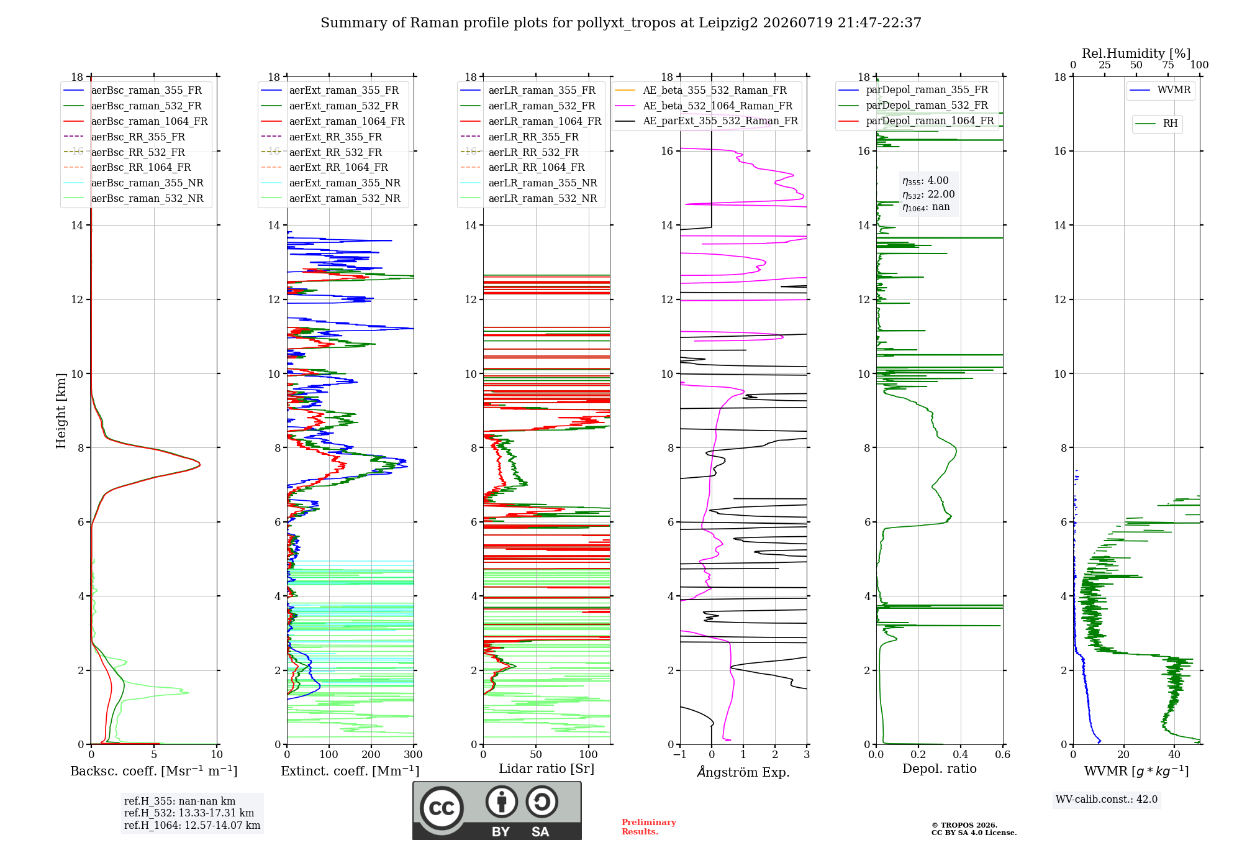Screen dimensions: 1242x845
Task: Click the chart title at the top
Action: [x=621, y=23]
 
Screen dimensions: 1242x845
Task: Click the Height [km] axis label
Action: [x=61, y=411]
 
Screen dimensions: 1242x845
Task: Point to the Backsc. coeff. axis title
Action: [x=154, y=771]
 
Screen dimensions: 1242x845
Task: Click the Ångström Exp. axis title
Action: [x=743, y=772]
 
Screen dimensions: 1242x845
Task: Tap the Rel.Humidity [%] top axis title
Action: [x=1136, y=53]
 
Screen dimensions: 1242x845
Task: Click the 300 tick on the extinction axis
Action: [x=413, y=754]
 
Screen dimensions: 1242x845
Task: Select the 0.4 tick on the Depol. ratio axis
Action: [x=961, y=754]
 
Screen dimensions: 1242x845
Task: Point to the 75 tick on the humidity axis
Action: [x=1168, y=65]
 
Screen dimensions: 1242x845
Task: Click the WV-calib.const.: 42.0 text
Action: [x=1107, y=799]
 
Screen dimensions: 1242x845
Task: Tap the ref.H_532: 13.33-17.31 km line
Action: [x=189, y=813]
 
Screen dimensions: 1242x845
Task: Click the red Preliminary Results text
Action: [x=649, y=827]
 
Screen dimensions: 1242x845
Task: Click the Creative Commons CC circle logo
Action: [x=442, y=808]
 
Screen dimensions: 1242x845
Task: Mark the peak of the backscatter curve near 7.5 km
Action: [x=200, y=464]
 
